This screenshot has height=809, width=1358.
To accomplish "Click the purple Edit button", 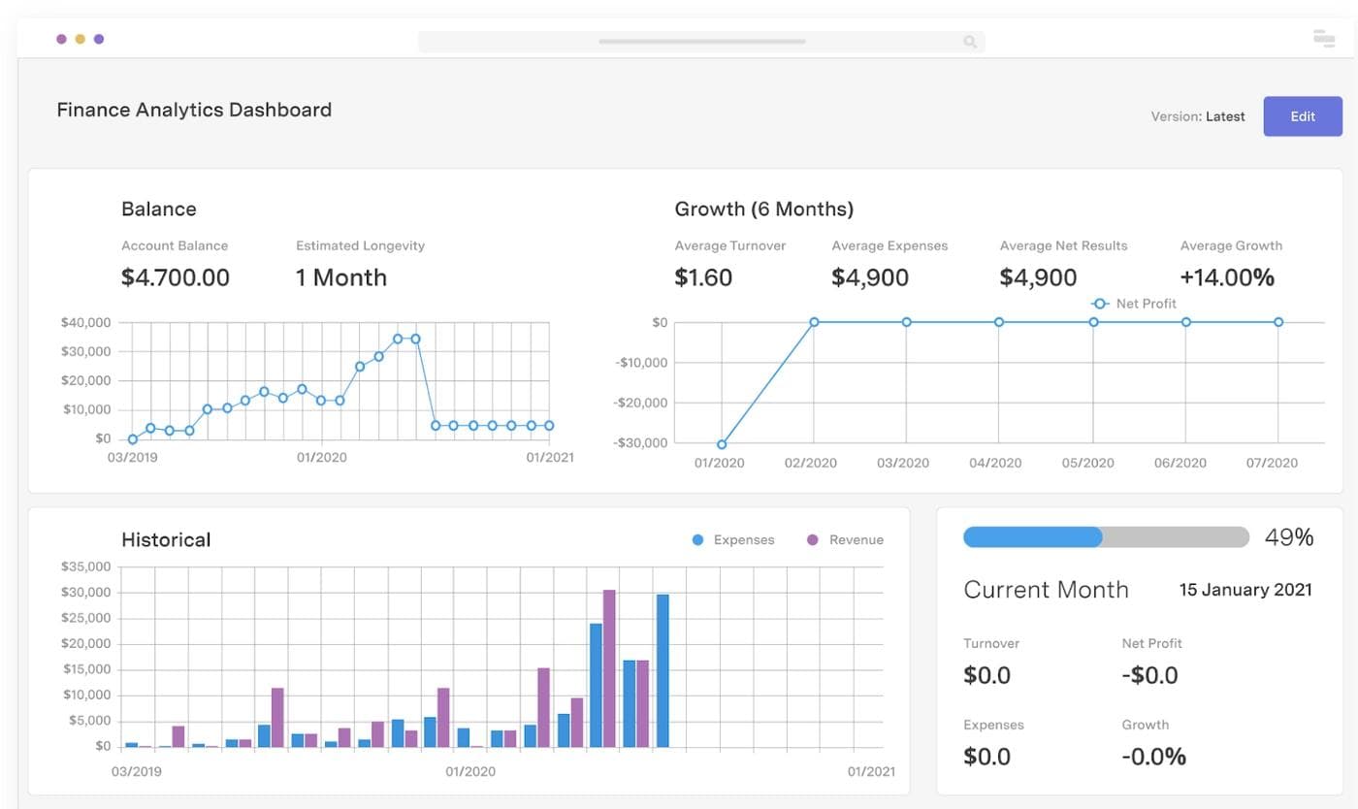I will pyautogui.click(x=1302, y=116).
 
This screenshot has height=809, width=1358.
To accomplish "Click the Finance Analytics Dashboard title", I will pyautogui.click(x=194, y=110).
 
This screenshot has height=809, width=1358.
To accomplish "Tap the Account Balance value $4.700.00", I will pyautogui.click(x=176, y=277).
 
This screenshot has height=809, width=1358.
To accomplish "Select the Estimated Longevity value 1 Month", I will pyautogui.click(x=341, y=277).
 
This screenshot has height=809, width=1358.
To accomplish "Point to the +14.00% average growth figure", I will pyautogui.click(x=1227, y=277).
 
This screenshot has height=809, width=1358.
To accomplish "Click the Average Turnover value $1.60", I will pyautogui.click(x=703, y=277).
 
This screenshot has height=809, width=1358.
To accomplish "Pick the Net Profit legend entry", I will pyautogui.click(x=1135, y=304).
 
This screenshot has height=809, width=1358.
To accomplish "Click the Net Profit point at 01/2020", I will pyautogui.click(x=722, y=444).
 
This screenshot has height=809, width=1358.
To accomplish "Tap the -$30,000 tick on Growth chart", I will pyautogui.click(x=641, y=443).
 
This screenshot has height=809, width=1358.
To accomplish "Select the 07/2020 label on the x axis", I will pyautogui.click(x=1272, y=463).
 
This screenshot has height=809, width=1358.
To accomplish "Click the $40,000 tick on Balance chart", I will pyautogui.click(x=85, y=322).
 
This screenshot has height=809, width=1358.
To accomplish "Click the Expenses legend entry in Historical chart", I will pyautogui.click(x=733, y=540).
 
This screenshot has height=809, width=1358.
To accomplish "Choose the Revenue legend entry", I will pyautogui.click(x=845, y=540).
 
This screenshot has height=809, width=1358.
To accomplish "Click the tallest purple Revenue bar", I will pyautogui.click(x=609, y=668).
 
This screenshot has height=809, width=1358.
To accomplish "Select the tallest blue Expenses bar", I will pyautogui.click(x=663, y=670).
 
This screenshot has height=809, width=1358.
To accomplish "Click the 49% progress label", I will pyautogui.click(x=1289, y=537).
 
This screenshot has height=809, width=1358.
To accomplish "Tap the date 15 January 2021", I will pyautogui.click(x=1245, y=590).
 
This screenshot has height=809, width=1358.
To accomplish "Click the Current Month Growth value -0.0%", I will pyautogui.click(x=1153, y=757).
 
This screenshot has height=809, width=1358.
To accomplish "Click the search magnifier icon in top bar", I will pyautogui.click(x=969, y=42).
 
